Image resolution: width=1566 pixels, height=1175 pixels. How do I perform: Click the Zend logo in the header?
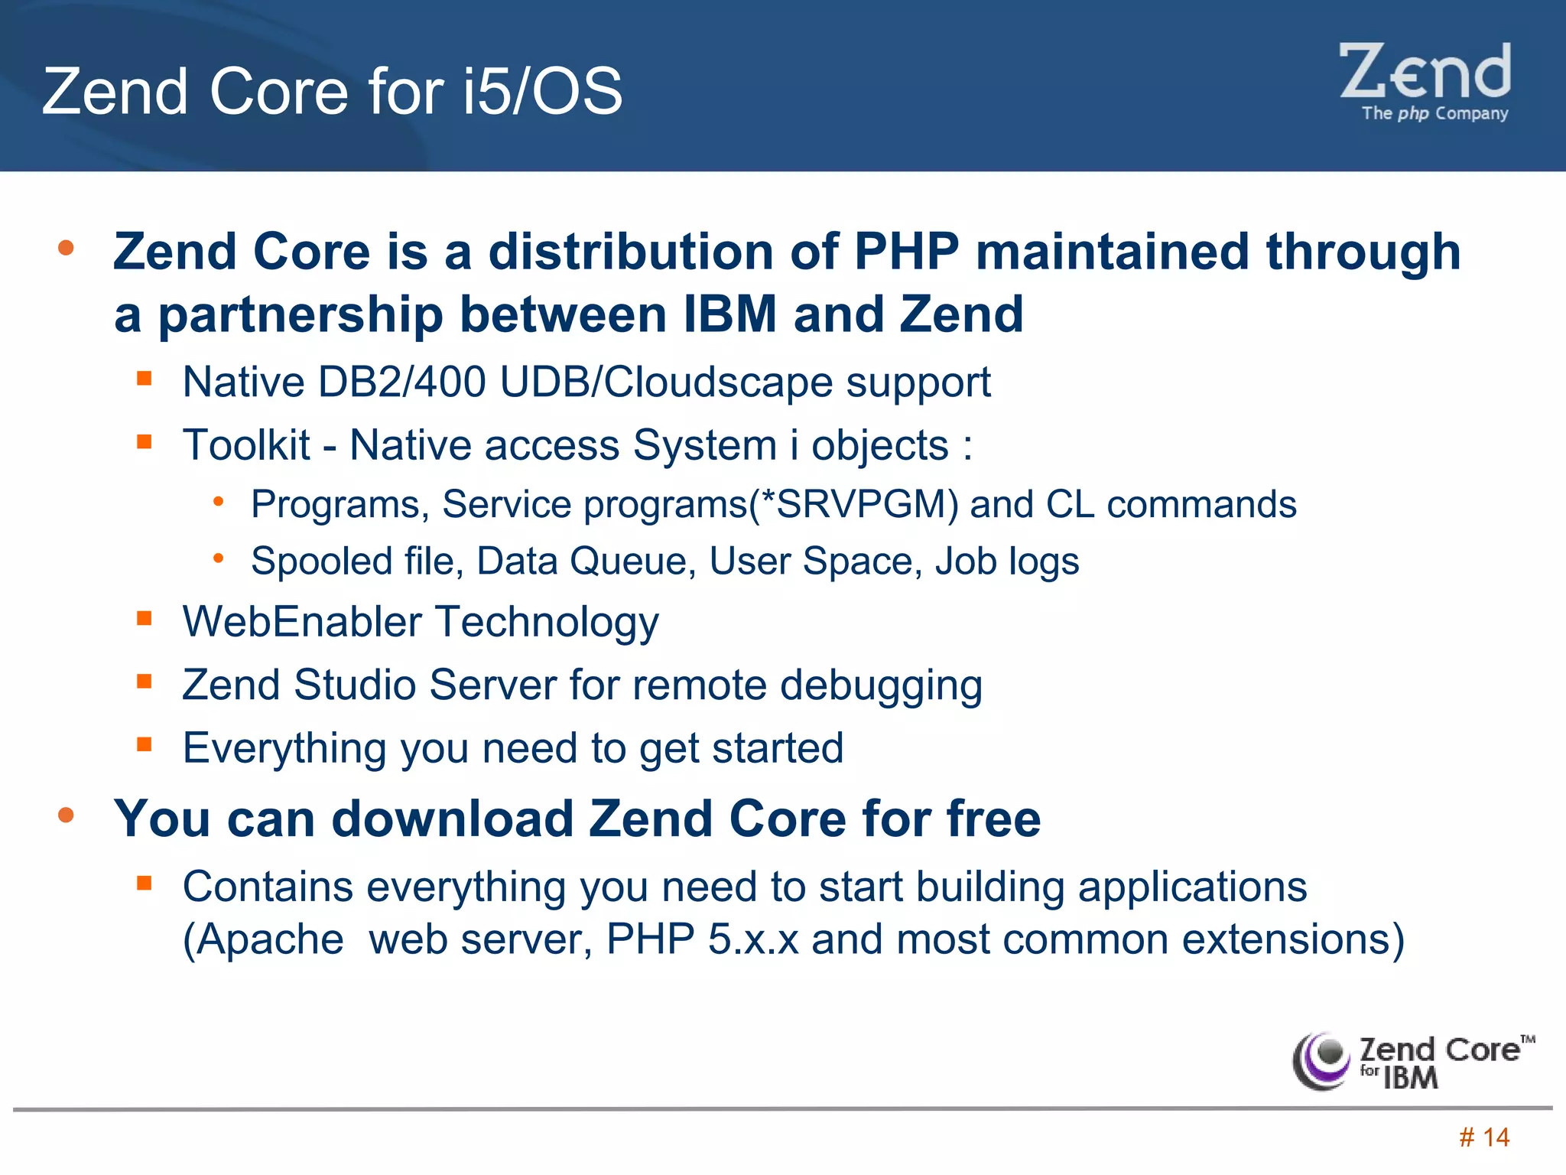coord(1425,80)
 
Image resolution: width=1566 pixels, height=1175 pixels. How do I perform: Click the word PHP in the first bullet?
coord(906,252)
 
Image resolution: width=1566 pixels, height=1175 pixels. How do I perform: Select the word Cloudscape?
coord(718,382)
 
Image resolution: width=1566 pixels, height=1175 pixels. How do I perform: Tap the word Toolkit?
coord(246,445)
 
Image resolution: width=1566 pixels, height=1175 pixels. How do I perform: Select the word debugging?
coord(881,685)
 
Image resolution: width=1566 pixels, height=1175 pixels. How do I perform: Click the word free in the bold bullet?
coord(993,819)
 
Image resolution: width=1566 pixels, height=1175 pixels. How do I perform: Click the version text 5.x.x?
coord(753,939)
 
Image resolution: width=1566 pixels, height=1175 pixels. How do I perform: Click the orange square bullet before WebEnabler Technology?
coord(145,618)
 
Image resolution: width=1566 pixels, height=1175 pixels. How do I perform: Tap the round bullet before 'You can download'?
coord(66,815)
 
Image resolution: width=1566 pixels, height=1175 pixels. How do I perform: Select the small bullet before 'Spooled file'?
coord(219,558)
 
